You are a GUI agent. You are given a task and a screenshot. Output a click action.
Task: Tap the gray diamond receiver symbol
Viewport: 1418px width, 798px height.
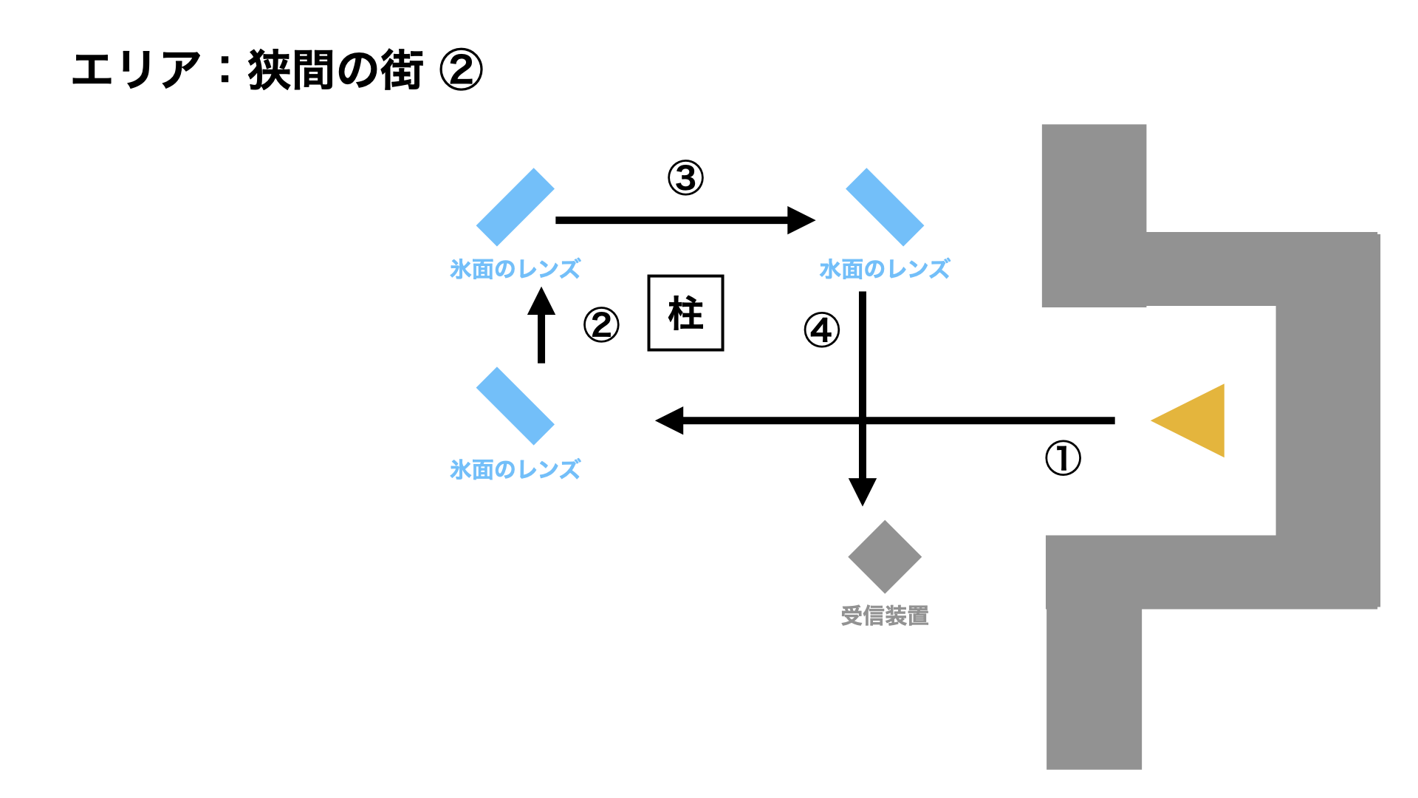[x=884, y=557]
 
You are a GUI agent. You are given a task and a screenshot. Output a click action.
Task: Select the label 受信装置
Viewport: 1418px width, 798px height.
[x=884, y=615]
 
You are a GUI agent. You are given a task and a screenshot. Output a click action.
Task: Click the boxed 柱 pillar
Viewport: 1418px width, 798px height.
[x=685, y=313]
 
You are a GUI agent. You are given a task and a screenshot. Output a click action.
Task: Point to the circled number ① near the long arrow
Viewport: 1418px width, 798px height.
[x=1063, y=458]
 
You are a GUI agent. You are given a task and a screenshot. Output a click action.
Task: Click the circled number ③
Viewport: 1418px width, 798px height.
[x=685, y=178]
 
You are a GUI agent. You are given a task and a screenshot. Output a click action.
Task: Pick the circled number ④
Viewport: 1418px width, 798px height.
[x=821, y=330]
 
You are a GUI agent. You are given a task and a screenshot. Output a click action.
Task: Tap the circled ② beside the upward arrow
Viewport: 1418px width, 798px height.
[x=601, y=325]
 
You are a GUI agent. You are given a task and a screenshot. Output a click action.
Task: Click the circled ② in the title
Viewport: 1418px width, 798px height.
[x=461, y=70]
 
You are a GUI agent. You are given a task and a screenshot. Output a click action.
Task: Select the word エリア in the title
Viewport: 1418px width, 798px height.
[x=137, y=70]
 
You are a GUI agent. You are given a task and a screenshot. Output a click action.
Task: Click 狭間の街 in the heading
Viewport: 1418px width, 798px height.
[x=336, y=70]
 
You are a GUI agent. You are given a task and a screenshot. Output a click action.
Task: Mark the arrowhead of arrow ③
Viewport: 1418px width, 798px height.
[x=801, y=220]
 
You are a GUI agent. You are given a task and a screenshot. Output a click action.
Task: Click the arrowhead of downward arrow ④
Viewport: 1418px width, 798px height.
[x=862, y=491]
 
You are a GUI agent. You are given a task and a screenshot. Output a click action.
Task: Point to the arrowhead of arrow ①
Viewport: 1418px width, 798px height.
[x=669, y=420]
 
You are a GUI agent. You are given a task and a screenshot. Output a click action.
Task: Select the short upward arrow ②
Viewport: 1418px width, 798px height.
[x=541, y=325]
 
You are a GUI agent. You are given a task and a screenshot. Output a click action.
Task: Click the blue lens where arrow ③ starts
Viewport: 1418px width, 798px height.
[x=515, y=207]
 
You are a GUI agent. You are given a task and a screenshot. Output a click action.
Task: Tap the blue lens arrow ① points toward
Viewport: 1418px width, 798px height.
[x=515, y=406]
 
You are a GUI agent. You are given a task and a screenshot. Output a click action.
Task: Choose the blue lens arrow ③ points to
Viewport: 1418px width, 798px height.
[x=884, y=207]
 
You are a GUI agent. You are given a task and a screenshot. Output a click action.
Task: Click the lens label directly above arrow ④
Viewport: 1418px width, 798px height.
[x=884, y=269]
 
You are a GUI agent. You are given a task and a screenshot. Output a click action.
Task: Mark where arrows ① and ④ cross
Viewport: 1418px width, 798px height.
[x=862, y=420]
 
